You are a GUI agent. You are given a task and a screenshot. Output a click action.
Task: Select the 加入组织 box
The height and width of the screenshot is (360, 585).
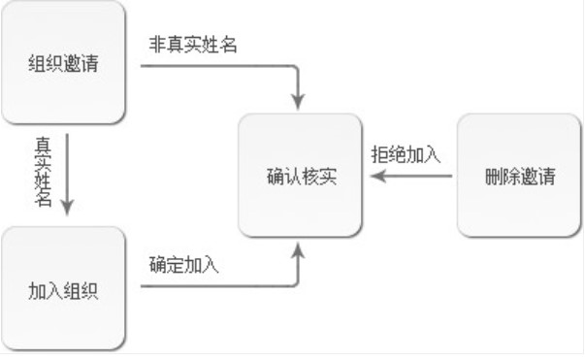pyautogui.click(x=63, y=288)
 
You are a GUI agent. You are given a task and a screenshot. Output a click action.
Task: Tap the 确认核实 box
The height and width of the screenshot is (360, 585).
pyautogui.click(x=301, y=177)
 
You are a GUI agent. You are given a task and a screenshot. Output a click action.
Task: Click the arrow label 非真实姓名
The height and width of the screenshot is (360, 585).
pyautogui.click(x=192, y=45)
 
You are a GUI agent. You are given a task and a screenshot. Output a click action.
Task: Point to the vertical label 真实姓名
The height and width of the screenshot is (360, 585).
pyautogui.click(x=44, y=170)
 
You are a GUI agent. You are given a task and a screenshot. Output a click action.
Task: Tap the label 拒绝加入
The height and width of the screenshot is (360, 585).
pyautogui.click(x=406, y=154)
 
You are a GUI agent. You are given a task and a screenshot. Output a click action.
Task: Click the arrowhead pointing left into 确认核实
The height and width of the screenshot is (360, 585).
pyautogui.click(x=380, y=177)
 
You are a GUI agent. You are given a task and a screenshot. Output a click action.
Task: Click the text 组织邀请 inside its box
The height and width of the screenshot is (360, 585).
pyautogui.click(x=63, y=65)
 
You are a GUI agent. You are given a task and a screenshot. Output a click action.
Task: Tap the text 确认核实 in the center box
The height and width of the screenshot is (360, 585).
pyautogui.click(x=301, y=178)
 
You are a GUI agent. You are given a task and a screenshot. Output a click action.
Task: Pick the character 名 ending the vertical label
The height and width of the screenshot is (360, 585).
pyautogui.click(x=44, y=199)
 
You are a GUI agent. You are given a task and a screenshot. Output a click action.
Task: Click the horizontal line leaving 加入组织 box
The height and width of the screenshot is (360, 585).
pyautogui.click(x=213, y=285)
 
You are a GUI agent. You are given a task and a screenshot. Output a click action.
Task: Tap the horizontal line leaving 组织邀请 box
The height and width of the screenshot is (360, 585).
pyautogui.click(x=213, y=67)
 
